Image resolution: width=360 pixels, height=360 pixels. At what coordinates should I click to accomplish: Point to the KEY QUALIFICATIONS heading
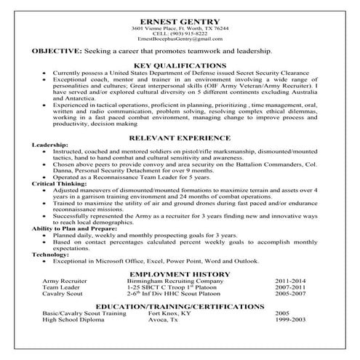click(180, 65)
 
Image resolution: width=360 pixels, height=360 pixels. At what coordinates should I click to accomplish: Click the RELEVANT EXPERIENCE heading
click(180, 137)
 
